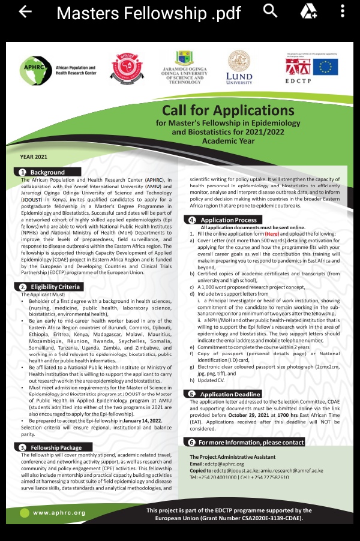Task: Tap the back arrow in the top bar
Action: (25, 12)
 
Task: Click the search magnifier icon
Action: (271, 11)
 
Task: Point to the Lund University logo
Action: (239, 67)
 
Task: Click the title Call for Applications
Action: (228, 110)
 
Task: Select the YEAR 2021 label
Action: (34, 157)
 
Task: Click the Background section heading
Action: (47, 172)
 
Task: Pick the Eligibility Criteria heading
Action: (55, 287)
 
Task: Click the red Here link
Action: (272, 233)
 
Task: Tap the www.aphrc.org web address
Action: (59, 513)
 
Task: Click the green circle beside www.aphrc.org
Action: (24, 513)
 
